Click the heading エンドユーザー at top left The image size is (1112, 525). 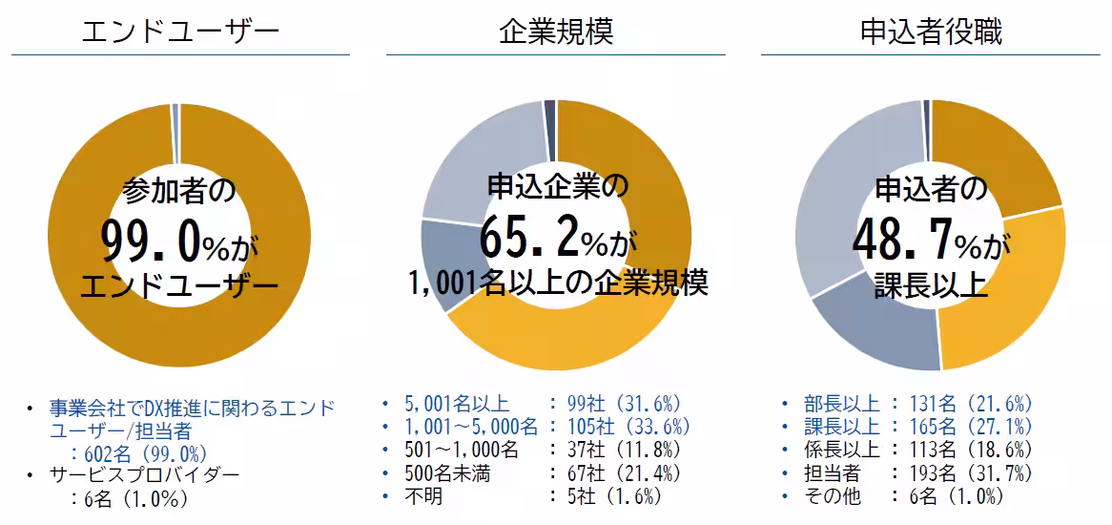click(180, 31)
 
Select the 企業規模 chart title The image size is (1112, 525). click(555, 31)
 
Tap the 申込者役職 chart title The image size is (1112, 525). click(930, 31)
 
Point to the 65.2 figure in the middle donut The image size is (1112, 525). click(529, 238)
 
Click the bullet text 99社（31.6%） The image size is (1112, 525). click(626, 404)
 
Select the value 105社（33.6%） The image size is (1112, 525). click(630, 427)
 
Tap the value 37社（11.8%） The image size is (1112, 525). click(626, 450)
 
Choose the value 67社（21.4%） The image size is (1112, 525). click(626, 473)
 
